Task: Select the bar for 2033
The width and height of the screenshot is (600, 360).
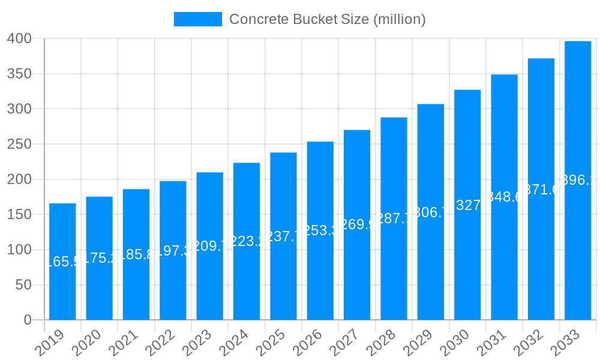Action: [578, 240]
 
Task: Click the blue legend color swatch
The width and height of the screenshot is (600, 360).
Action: [198, 19]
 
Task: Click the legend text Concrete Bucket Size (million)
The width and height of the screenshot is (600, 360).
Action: [328, 19]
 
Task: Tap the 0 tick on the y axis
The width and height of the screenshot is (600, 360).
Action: [28, 320]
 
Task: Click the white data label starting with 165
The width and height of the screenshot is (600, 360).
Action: [62, 262]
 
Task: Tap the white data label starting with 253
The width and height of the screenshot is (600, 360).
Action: [320, 231]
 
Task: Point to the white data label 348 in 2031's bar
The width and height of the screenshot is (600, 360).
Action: [505, 197]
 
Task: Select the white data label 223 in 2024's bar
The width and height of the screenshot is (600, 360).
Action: [247, 241]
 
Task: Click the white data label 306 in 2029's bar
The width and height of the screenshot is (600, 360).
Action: [431, 212]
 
